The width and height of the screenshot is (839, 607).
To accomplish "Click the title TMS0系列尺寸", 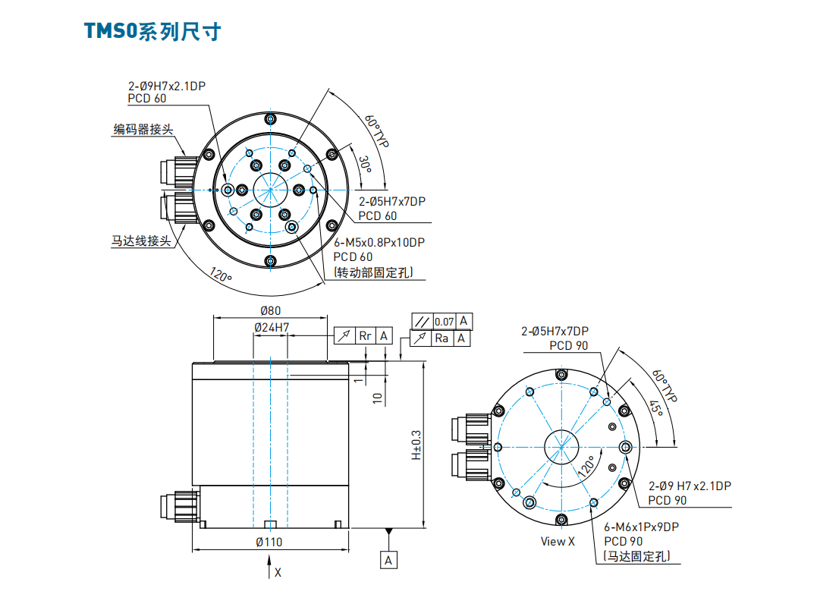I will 152,33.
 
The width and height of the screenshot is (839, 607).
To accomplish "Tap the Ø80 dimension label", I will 270,310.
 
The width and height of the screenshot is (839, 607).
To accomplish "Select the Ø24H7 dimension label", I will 270,328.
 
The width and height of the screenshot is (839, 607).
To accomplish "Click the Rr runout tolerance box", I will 366,335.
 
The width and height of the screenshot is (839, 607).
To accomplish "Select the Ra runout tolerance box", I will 441,338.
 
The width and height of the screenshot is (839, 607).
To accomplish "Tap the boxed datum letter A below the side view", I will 388,560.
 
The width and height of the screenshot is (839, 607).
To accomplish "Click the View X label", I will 558,541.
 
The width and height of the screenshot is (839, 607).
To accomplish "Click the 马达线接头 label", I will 141,241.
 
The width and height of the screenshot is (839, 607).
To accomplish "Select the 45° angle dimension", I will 655,409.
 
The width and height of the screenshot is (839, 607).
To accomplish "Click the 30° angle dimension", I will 365,163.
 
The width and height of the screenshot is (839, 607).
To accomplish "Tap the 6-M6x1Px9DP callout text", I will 641,527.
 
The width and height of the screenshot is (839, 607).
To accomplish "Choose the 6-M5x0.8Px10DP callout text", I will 379,243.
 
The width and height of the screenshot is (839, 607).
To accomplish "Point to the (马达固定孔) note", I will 638,556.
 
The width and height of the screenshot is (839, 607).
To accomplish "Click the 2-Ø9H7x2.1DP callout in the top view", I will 167,86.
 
